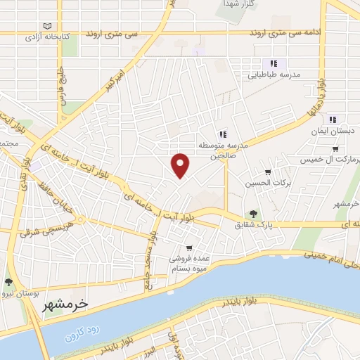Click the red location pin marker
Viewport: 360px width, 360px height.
(181, 165)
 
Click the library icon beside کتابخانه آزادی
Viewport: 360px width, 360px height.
(48, 25)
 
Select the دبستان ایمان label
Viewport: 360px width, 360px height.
(333, 130)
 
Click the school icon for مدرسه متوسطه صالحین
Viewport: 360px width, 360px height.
(222, 134)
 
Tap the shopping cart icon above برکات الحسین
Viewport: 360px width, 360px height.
(267, 172)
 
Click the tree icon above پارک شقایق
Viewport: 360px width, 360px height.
(252, 214)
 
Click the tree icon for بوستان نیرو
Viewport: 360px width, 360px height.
(8, 281)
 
